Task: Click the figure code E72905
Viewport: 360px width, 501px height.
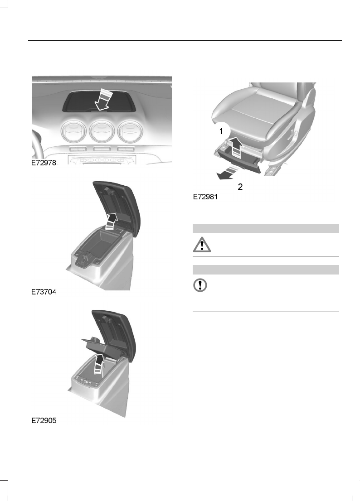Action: (44, 421)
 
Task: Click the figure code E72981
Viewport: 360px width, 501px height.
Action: (205, 198)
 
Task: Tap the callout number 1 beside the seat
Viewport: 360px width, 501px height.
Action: (222, 131)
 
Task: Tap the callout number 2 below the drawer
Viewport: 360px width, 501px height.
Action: (240, 186)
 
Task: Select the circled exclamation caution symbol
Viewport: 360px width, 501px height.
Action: (200, 285)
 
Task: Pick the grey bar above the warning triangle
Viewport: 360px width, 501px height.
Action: (266, 228)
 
